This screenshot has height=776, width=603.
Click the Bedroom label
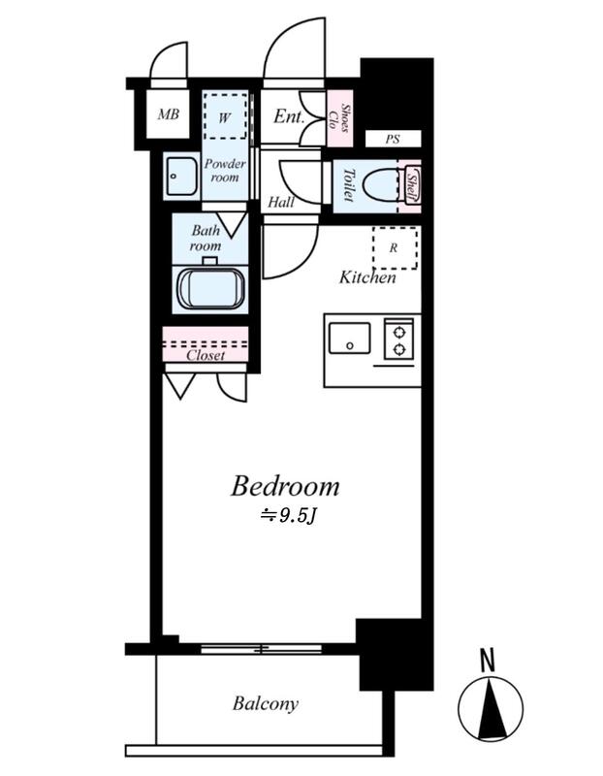[285, 486]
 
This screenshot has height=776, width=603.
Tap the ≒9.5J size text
[288, 516]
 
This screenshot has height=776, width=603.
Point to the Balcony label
[266, 704]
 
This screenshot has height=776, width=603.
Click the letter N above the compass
[489, 661]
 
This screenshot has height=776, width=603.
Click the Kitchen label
[367, 277]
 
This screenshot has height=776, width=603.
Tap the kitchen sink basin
[350, 338]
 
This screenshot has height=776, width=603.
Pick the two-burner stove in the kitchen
[399, 339]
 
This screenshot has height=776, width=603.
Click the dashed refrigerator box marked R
[395, 248]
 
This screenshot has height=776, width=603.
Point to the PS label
[393, 140]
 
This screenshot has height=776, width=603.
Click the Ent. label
[288, 116]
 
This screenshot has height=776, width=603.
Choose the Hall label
[281, 202]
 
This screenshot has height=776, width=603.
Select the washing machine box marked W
[226, 115]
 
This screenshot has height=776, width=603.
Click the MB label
[168, 114]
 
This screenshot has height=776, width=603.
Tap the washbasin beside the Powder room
[181, 177]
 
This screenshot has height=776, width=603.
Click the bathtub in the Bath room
[211, 289]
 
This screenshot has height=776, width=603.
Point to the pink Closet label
[206, 355]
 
